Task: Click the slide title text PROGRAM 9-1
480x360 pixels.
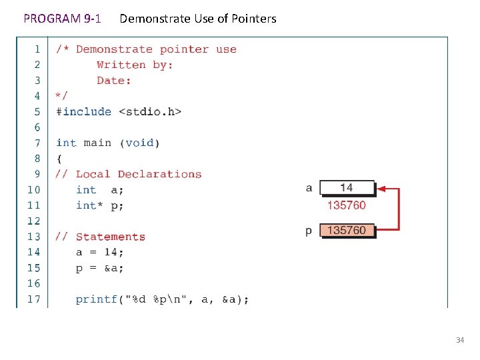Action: [x=62, y=19]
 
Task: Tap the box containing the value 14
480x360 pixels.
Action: [x=347, y=188]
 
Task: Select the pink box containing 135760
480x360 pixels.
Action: [x=347, y=231]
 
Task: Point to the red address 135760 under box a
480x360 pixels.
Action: [x=346, y=205]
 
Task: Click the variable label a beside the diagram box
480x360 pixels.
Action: [x=309, y=188]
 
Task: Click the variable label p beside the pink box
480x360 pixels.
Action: [x=309, y=231]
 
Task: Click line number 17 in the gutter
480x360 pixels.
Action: [x=33, y=299]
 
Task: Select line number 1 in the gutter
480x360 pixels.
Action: [x=37, y=49]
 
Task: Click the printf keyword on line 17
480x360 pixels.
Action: [x=96, y=299]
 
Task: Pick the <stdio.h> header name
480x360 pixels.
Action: [x=150, y=111]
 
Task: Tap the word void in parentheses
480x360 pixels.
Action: [x=139, y=143]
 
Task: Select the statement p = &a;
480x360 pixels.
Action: [x=99, y=268]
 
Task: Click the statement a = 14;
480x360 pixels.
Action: [x=99, y=252]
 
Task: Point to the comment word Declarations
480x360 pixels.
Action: [x=159, y=174]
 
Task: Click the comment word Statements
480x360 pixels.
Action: [x=110, y=237]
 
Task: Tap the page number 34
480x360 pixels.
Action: [x=459, y=341]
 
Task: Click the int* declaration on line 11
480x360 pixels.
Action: [x=89, y=205]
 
